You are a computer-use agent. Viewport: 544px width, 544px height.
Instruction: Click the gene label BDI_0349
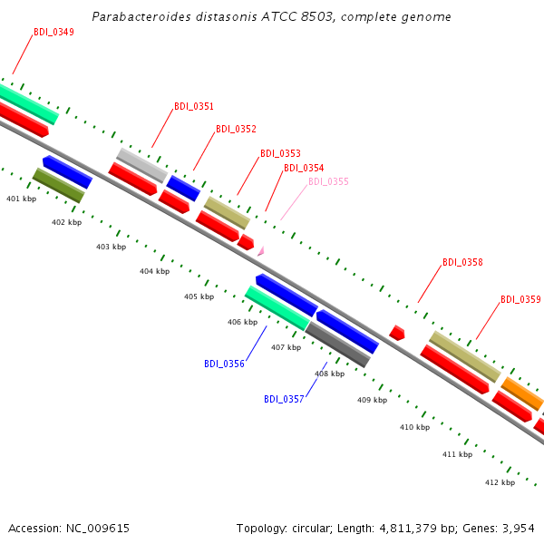[53, 32]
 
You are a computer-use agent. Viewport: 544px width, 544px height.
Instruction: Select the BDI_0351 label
[194, 106]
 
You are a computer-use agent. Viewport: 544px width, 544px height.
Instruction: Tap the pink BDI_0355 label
[328, 181]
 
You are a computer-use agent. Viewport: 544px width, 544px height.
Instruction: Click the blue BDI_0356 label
[224, 364]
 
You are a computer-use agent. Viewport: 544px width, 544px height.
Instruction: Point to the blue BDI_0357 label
[284, 399]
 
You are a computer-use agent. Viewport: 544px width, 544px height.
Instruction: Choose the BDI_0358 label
[462, 262]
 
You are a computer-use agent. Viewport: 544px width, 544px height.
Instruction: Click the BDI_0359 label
[520, 299]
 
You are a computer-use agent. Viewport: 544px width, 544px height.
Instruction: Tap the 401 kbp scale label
[21, 199]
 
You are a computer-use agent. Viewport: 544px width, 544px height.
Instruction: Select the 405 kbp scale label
[199, 296]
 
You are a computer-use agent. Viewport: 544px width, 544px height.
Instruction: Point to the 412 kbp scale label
[500, 482]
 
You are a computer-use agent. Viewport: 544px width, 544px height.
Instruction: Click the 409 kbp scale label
[373, 400]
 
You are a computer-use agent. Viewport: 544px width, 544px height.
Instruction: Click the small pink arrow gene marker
[261, 251]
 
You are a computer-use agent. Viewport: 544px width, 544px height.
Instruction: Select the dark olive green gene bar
[59, 185]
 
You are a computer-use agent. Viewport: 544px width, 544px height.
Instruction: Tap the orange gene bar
[522, 393]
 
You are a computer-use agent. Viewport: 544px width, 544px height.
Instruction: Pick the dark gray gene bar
[337, 345]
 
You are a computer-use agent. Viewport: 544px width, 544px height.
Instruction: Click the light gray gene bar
[142, 165]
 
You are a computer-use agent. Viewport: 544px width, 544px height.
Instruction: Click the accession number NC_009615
[98, 529]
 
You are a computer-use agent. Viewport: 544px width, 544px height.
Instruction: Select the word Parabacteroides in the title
[141, 16]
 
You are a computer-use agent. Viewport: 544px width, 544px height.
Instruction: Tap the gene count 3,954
[519, 529]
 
